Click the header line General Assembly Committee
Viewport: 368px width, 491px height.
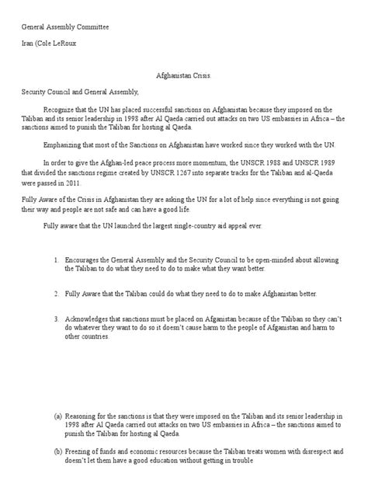click(x=64, y=26)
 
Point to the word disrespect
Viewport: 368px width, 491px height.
click(x=290, y=450)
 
